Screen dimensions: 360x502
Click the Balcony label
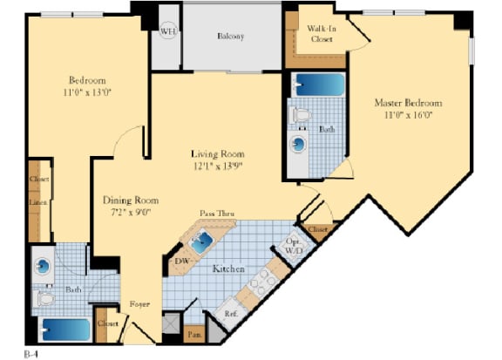click(230, 37)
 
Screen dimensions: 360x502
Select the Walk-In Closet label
click(321, 34)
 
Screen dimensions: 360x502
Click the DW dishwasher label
click(181, 260)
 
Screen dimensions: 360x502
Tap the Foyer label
click(139, 304)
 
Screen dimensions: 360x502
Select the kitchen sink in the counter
click(202, 243)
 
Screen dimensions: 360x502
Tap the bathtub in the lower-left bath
click(65, 330)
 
